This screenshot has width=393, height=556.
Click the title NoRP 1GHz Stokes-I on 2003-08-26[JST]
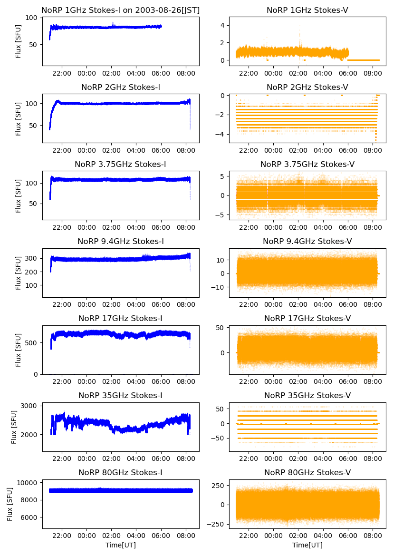point(120,10)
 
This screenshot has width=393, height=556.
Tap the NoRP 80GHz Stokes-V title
point(307,472)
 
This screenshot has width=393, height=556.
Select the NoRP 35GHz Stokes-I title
point(120,395)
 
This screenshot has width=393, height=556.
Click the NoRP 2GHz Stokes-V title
point(307,87)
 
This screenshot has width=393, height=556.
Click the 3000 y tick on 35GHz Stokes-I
point(31,406)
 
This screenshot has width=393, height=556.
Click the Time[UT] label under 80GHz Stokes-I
point(120,545)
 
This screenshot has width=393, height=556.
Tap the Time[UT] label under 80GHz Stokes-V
point(307,545)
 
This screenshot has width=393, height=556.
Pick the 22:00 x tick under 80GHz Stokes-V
point(249,536)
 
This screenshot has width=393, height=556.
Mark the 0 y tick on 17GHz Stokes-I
point(37,374)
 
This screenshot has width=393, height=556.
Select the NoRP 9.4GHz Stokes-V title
point(307,241)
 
